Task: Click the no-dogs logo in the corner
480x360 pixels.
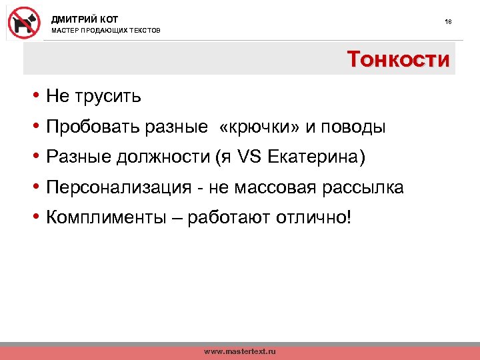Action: click(x=23, y=23)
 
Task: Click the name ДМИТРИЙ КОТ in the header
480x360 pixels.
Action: click(x=85, y=20)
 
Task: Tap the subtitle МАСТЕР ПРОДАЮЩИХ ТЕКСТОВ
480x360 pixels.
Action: click(x=106, y=31)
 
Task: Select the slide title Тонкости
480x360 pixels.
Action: click(x=398, y=59)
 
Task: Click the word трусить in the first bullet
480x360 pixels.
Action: click(x=107, y=97)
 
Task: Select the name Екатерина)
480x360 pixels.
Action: click(x=317, y=157)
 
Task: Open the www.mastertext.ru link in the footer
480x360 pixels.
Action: click(x=239, y=351)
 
